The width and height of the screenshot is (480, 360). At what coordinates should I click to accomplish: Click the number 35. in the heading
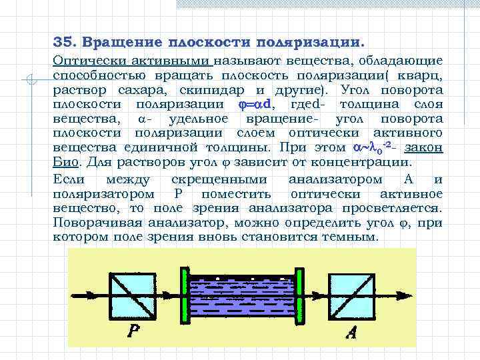click(x=65, y=42)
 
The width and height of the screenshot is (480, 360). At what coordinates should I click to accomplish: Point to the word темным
click(x=351, y=237)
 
